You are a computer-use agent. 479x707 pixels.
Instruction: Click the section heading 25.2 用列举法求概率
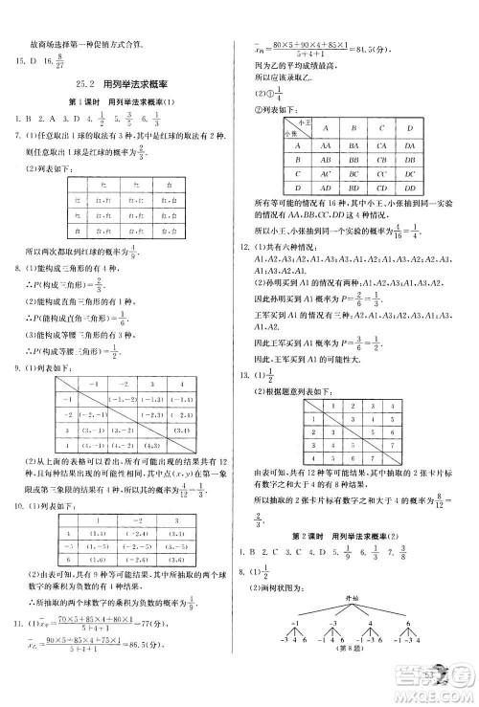tap(120, 85)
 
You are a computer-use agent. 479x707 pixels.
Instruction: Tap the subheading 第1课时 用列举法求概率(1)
tap(120, 102)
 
